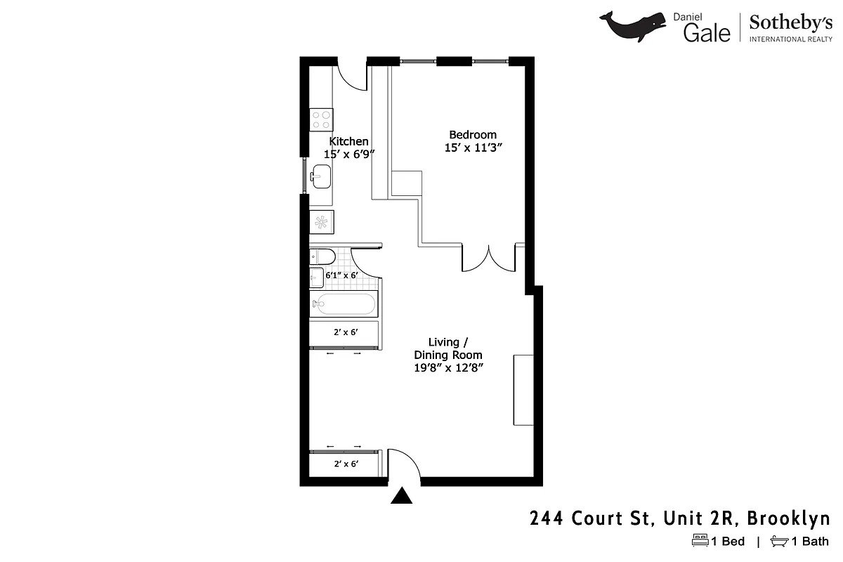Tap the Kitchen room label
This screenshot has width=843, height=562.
pos(348,141)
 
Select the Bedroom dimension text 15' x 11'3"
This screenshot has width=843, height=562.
pos(473,148)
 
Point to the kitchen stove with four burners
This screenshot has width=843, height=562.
pos(322,119)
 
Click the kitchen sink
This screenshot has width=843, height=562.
pos(321,176)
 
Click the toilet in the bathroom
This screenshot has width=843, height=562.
pos(320,256)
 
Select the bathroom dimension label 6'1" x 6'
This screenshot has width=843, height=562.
pos(341,276)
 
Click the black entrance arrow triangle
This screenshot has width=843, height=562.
pos(401,496)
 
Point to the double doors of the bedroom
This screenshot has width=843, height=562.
pos(489,258)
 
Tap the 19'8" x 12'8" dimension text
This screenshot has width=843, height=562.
pos(448,367)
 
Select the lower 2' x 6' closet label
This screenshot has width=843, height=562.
pos(346,464)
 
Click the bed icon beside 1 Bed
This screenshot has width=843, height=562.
pos(700,541)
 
